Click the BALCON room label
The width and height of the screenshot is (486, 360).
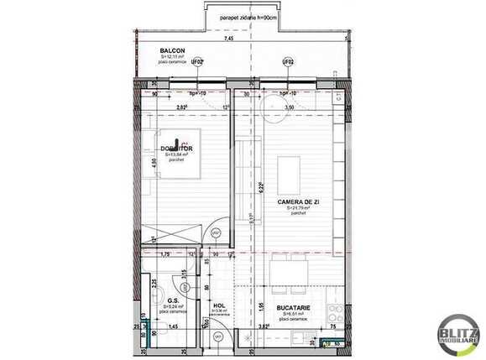tap(172, 51)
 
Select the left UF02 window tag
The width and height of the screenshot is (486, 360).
tap(196, 61)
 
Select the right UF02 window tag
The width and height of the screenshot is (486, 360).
tap(289, 61)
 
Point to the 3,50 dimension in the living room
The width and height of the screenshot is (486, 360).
tap(289, 108)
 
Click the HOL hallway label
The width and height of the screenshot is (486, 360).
tap(219, 306)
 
